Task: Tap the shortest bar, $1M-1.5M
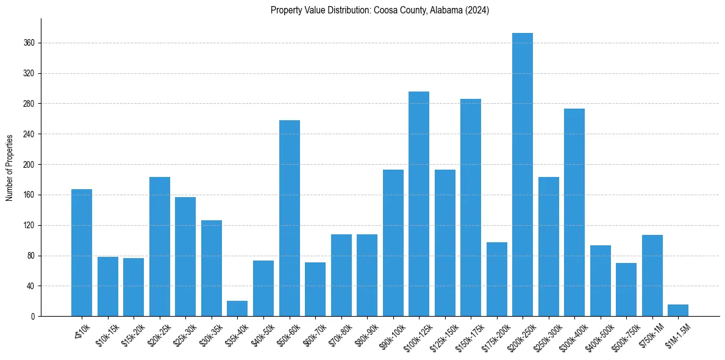pos(678,310)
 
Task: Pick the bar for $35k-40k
pos(237,308)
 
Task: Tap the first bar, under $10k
pos(82,253)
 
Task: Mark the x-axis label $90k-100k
pos(391,334)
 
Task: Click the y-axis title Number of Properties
pos(10,168)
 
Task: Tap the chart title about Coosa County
pos(380,10)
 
